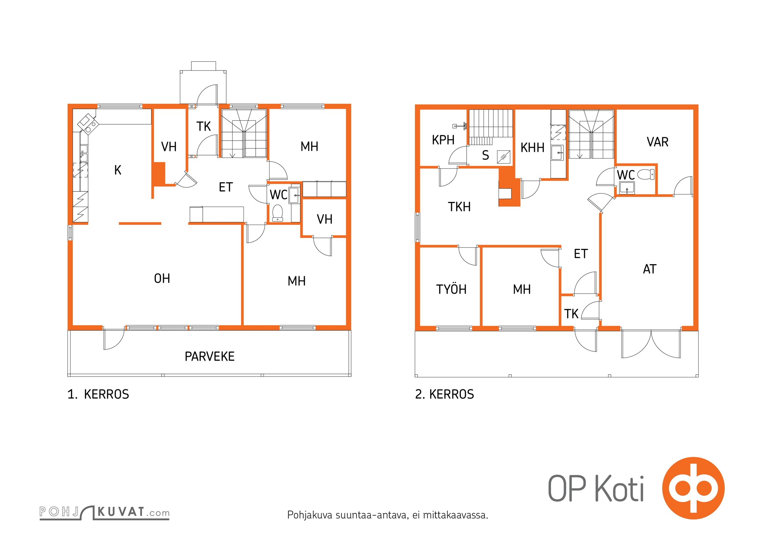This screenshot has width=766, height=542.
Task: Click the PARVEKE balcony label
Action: point(210,356)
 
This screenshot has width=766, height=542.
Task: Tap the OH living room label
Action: point(162,278)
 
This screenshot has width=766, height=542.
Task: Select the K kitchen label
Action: point(118,170)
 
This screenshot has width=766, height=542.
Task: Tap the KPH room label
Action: point(443,140)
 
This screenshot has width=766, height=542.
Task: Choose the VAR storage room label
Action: point(658,142)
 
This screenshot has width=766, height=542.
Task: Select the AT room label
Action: point(650,269)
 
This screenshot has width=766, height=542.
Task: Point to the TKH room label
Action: point(459,207)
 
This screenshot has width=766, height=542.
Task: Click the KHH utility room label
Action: point(532,148)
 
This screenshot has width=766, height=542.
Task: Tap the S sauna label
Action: point(486,155)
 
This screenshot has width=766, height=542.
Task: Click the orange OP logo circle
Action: point(693,488)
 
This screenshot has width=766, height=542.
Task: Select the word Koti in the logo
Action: point(619,488)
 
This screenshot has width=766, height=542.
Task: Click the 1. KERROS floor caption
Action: point(98,394)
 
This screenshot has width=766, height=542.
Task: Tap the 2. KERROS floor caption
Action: point(445,394)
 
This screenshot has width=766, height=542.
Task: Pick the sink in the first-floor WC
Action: point(294,195)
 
